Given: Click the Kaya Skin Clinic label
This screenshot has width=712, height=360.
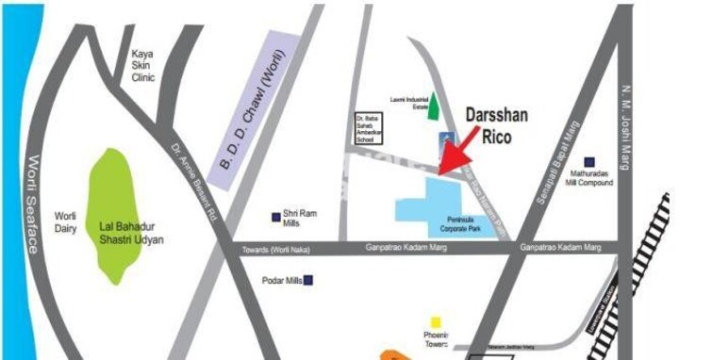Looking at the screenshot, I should pos(143,66).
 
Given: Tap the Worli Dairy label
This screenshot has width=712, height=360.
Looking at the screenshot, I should pos(65,221).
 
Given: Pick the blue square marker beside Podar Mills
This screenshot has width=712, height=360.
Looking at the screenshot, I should pos(308,280).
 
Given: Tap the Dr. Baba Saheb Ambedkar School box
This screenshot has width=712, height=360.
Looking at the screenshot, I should pos(365,127).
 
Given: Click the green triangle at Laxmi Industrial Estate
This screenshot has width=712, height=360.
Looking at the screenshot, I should pos(434,106).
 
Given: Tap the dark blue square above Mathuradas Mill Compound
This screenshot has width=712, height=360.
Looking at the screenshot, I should pos(590,161).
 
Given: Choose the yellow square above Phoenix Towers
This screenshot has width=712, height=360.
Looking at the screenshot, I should pos(436,322).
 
